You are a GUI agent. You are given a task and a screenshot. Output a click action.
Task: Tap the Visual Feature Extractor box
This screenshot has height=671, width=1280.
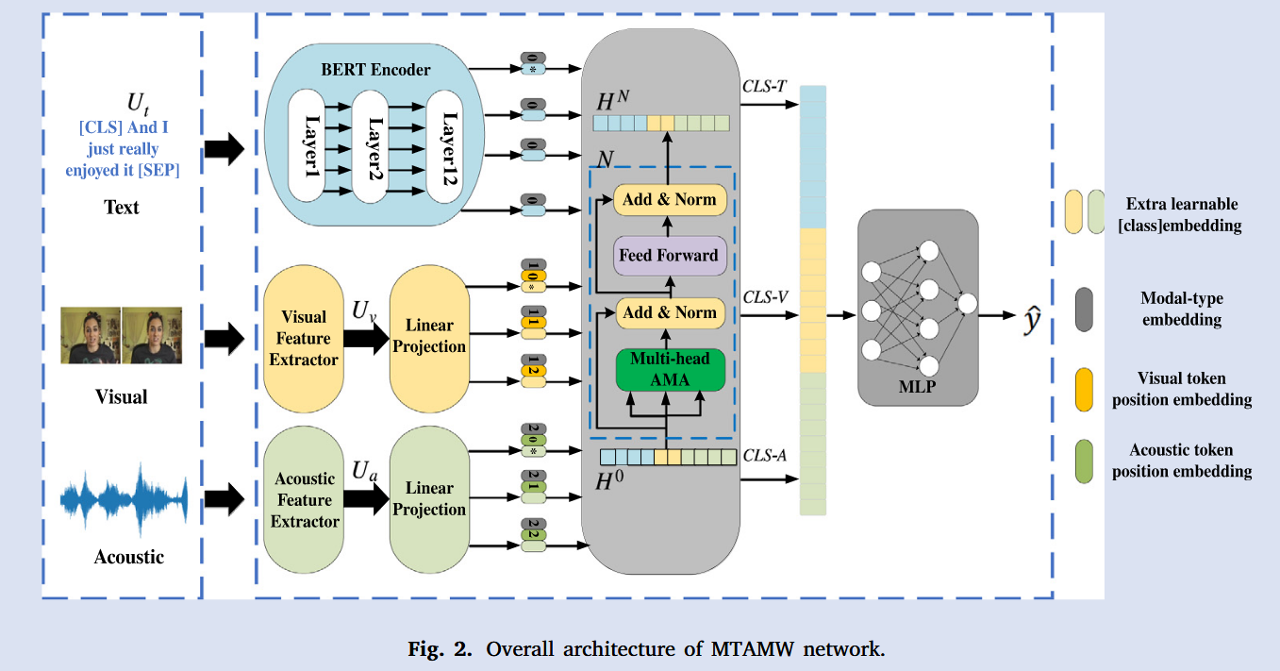304,338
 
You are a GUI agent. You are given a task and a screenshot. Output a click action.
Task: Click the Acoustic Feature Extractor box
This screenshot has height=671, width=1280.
304,500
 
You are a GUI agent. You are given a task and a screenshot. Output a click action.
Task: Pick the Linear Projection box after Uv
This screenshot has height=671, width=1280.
429,337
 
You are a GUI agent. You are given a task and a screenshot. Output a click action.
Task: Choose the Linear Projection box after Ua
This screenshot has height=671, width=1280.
429,499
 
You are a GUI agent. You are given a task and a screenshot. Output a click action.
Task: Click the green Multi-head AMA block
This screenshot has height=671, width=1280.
669,369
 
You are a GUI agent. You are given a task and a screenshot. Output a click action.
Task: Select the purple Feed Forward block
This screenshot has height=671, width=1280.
669,255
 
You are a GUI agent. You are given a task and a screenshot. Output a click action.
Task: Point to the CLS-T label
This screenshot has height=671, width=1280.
765,87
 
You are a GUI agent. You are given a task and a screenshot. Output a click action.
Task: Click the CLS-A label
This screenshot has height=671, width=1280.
765,457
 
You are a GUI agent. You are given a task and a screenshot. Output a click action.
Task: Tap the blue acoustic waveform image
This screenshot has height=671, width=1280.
125,496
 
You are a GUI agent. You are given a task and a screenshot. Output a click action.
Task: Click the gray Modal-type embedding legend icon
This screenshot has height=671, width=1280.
1084,310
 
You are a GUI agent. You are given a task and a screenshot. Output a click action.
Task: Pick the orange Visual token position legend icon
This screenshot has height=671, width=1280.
1084,389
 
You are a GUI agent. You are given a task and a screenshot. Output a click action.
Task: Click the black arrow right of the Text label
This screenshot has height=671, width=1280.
224,147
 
